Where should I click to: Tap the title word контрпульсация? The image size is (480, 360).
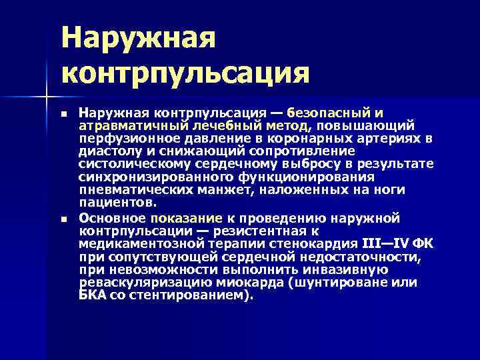point(186,72)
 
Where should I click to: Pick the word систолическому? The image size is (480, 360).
point(129,164)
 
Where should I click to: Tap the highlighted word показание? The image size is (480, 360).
point(186,217)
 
